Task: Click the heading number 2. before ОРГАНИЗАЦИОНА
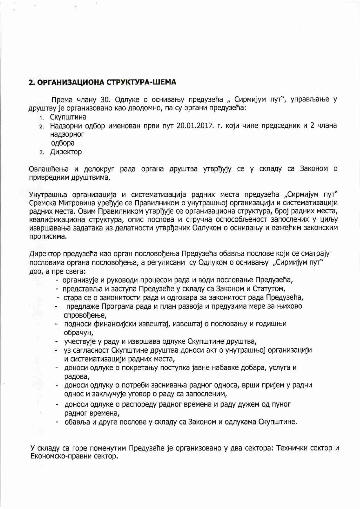[x=32, y=82]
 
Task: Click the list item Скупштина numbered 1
[x=68, y=117]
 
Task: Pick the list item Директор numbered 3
[x=66, y=152]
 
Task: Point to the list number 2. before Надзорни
[x=42, y=126]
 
